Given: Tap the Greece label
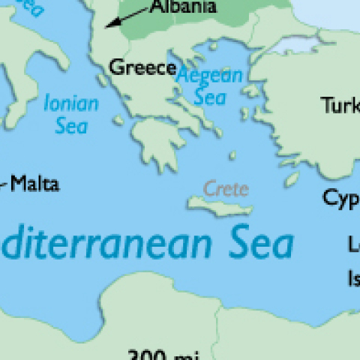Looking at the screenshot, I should pyautogui.click(x=142, y=67).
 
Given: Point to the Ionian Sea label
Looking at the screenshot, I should pyautogui.click(x=71, y=112).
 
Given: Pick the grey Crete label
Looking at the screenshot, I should pyautogui.click(x=225, y=187).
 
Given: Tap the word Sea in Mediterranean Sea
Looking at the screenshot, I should pyautogui.click(x=254, y=244).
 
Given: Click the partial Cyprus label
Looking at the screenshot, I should pyautogui.click(x=341, y=197).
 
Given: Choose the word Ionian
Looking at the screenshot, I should pyautogui.click(x=71, y=103).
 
